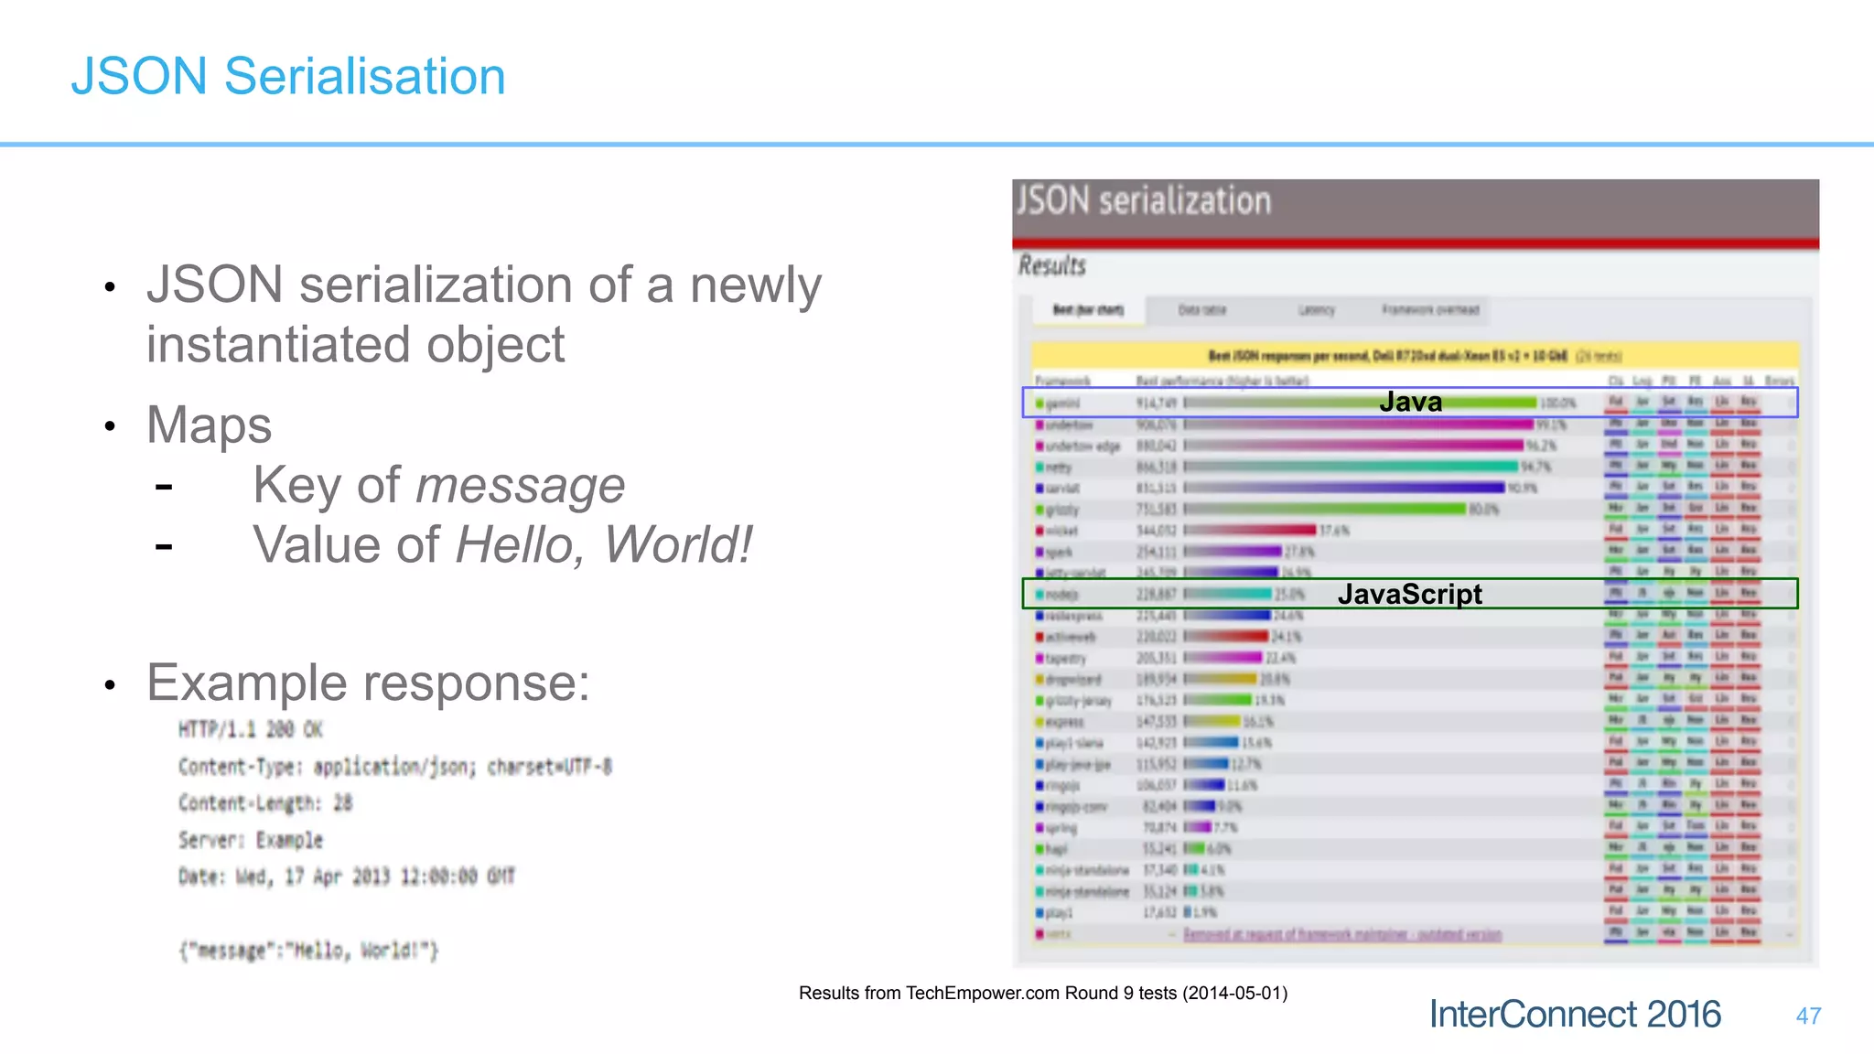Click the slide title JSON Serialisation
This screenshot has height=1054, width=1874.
click(x=288, y=76)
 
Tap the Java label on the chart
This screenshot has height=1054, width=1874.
click(x=1410, y=402)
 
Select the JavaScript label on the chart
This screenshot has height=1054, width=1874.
click(x=1409, y=594)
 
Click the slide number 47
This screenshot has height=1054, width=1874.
click(x=1808, y=1016)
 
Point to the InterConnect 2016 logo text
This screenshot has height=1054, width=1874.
click(x=1575, y=1014)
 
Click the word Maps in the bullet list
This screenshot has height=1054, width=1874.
click(x=210, y=425)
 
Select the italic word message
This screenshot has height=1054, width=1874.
click(x=520, y=485)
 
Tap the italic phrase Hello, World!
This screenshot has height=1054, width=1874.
click(x=604, y=545)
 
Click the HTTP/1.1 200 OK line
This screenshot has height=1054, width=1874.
click(x=251, y=729)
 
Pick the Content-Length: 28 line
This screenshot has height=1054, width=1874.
click(x=265, y=803)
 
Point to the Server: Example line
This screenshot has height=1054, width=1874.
click(x=251, y=840)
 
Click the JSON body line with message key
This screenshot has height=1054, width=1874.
click(x=308, y=951)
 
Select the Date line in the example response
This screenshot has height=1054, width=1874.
click(x=347, y=877)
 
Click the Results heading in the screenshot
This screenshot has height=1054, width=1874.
click(x=1052, y=266)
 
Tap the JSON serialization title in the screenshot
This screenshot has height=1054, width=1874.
click(x=1144, y=200)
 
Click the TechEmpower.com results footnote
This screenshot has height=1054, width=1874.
click(x=1042, y=993)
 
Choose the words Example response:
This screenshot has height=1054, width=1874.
click(x=368, y=683)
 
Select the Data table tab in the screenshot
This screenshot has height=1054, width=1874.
click(x=1201, y=310)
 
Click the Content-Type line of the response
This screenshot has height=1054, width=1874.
click(x=395, y=767)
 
